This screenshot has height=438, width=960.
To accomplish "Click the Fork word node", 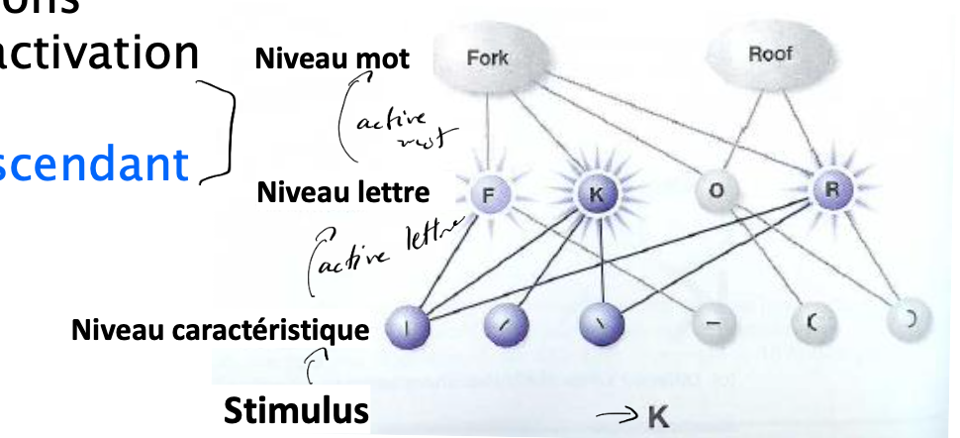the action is coord(488,59).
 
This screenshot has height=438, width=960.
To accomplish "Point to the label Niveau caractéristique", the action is coord(219,328).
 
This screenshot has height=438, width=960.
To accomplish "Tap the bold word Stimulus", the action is coord(293,410).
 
